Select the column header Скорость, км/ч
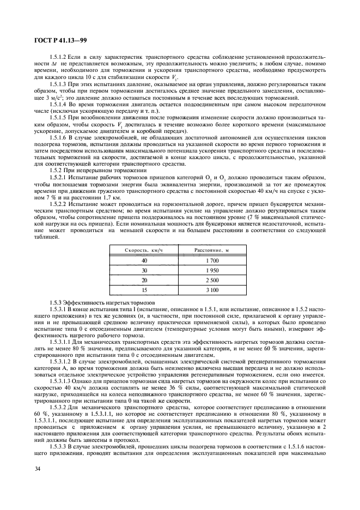144,250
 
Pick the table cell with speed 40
144,261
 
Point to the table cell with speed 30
144,270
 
